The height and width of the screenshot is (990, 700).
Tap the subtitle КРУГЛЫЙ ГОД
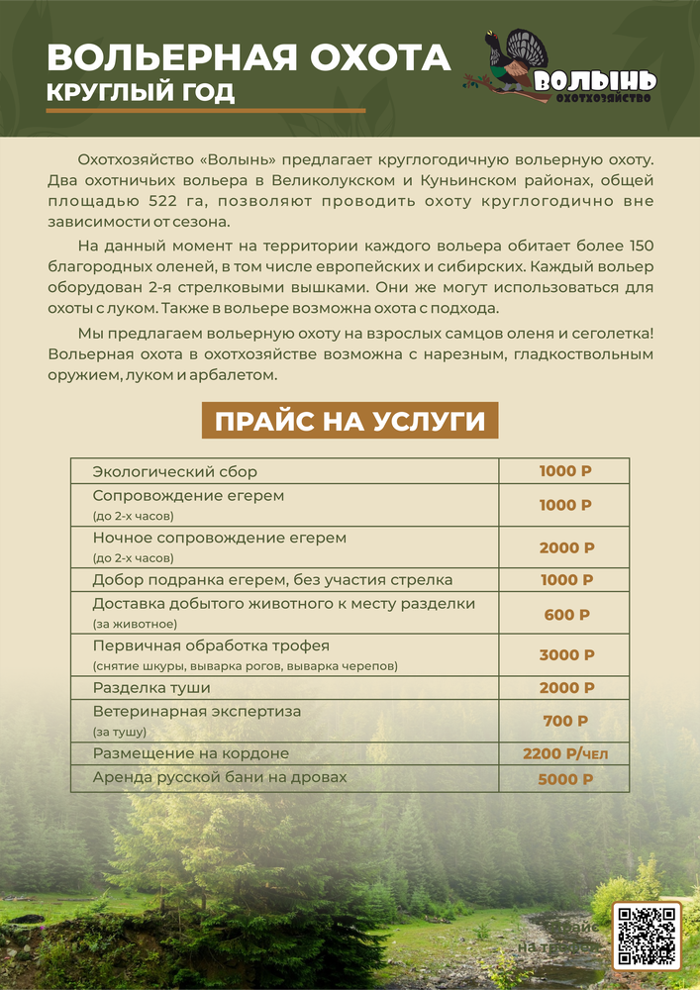click(141, 93)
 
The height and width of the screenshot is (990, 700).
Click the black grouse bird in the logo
click(512, 62)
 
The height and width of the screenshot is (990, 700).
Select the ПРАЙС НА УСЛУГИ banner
click(350, 422)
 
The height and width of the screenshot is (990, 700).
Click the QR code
click(646, 935)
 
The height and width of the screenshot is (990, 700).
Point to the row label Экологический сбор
click(174, 471)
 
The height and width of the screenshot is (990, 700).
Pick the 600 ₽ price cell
click(566, 614)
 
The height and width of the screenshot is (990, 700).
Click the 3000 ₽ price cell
click(566, 654)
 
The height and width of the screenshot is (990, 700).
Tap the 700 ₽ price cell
click(566, 721)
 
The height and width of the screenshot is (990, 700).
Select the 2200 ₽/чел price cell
click(565, 754)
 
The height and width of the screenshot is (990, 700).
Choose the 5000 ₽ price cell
click(565, 779)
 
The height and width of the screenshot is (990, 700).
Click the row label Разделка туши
click(151, 687)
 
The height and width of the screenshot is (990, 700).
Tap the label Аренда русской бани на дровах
click(220, 777)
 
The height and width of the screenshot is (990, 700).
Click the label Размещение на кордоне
click(190, 753)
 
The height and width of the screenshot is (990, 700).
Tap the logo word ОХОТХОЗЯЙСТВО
click(602, 98)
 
